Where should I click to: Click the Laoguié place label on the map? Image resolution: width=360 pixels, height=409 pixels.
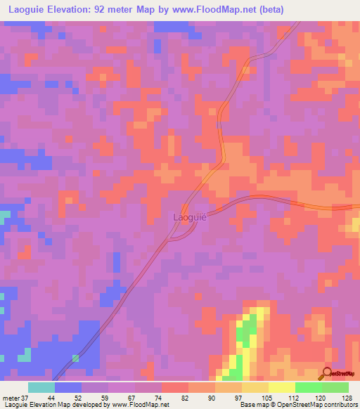click(190, 217)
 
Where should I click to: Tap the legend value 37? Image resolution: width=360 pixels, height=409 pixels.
click(25, 398)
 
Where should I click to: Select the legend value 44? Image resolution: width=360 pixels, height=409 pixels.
click(51, 398)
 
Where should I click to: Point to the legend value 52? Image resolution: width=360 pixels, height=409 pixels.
click(77, 398)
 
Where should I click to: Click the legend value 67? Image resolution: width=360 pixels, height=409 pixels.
click(131, 398)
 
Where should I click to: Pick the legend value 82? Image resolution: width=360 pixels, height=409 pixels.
click(184, 398)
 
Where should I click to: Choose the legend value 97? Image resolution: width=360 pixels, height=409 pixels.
click(238, 398)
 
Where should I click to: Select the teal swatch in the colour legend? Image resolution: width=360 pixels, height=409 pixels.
click(41, 387)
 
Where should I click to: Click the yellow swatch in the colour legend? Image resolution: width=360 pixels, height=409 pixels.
click(281, 387)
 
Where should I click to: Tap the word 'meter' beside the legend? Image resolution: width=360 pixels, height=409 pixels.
click(10, 398)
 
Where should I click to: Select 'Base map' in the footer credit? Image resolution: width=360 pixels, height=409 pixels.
click(250, 405)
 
